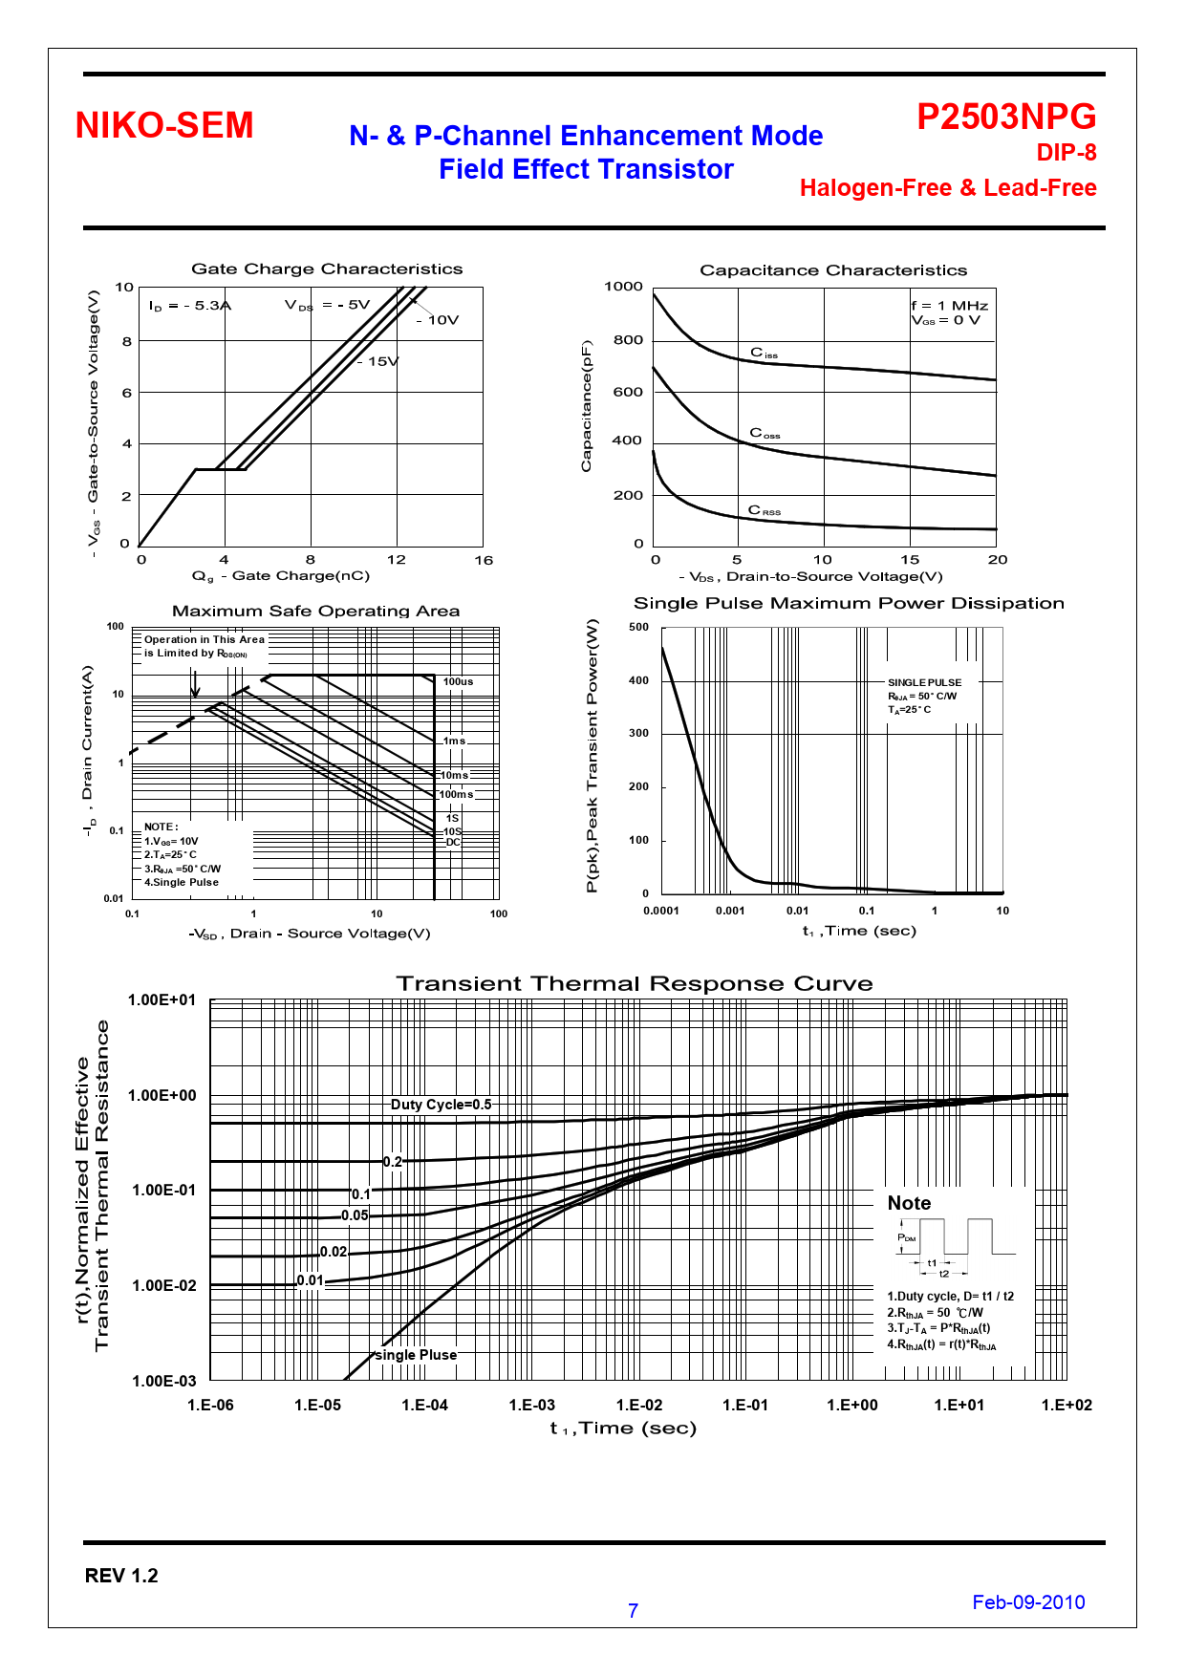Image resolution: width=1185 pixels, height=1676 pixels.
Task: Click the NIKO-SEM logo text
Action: pyautogui.click(x=164, y=126)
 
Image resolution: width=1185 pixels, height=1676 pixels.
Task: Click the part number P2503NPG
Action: pyautogui.click(x=1006, y=117)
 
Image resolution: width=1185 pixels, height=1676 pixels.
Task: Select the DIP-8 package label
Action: pyautogui.click(x=1066, y=153)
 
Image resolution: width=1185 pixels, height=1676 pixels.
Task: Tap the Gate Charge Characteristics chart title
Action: pyautogui.click(x=327, y=269)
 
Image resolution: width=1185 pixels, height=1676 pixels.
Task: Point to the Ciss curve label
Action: pyautogui.click(x=764, y=354)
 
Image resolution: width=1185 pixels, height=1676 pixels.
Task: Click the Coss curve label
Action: pyautogui.click(x=765, y=434)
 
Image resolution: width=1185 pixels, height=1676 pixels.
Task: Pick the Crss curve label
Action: pyautogui.click(x=764, y=510)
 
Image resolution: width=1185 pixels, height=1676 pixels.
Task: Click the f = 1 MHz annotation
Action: pyautogui.click(x=949, y=306)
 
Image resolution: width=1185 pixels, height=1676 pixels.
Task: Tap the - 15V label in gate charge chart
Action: pyautogui.click(x=380, y=361)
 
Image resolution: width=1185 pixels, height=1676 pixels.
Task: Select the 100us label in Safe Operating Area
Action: pyautogui.click(x=458, y=681)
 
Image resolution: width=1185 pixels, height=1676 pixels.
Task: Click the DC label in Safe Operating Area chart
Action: pyautogui.click(x=453, y=843)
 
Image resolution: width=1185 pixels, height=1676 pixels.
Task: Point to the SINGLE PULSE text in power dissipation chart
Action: pyautogui.click(x=924, y=682)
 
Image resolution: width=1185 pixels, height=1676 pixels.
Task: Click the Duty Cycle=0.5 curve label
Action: pyautogui.click(x=441, y=1105)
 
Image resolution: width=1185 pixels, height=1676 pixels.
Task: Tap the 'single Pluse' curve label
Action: pyautogui.click(x=416, y=1355)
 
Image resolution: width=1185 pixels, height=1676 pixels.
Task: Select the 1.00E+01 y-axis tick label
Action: pyautogui.click(x=162, y=1000)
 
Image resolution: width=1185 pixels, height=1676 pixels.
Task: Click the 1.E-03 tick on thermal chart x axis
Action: pyautogui.click(x=531, y=1405)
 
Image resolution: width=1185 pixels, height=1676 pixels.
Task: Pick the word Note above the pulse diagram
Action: pyautogui.click(x=909, y=1203)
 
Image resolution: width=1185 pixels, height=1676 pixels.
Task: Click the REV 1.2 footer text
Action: pyautogui.click(x=121, y=1576)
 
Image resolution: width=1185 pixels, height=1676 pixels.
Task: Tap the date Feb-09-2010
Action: pyautogui.click(x=1028, y=1602)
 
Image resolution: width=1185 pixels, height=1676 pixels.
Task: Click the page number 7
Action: pyautogui.click(x=633, y=1611)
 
